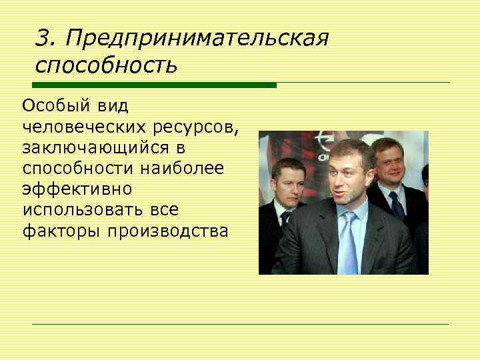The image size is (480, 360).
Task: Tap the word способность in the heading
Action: tap(106, 65)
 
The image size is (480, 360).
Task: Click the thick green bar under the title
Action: tap(154, 85)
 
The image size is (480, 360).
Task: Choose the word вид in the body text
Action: tap(113, 107)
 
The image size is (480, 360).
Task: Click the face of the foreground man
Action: tap(347, 177)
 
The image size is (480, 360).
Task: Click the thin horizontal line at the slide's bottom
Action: tap(240, 324)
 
